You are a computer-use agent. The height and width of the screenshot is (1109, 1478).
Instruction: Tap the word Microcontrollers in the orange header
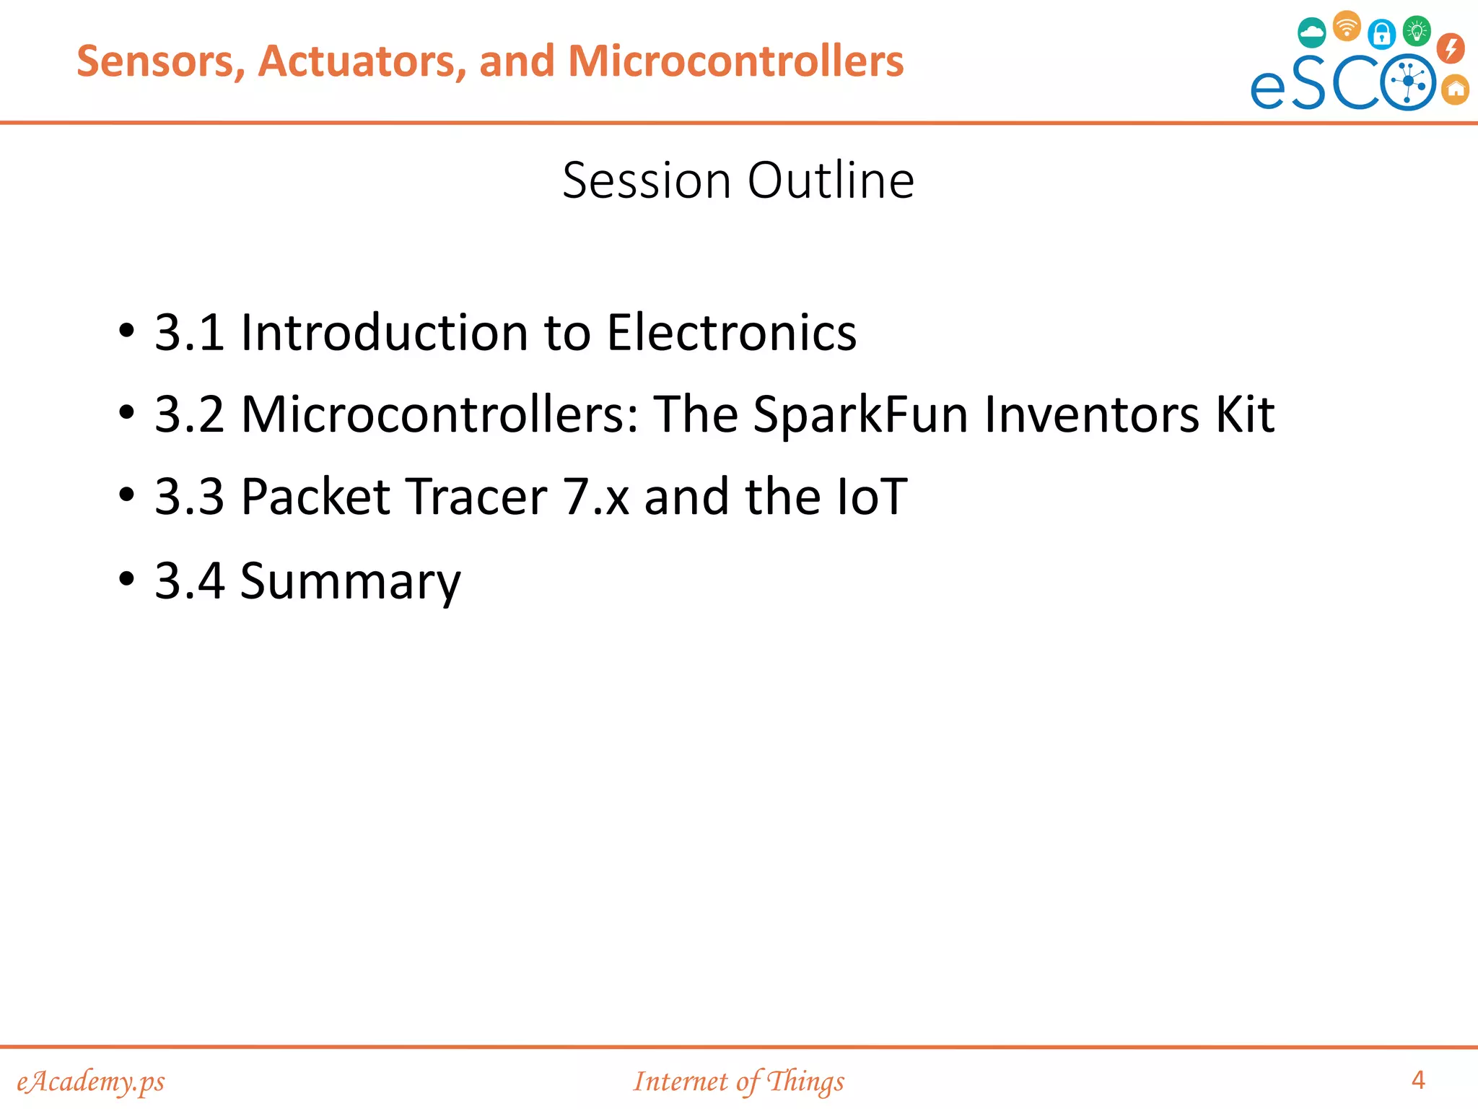735,61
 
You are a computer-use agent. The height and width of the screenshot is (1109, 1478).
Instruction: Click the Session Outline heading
738,180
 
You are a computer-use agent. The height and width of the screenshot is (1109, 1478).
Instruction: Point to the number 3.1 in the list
189,333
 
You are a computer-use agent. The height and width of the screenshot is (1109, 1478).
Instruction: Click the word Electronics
731,333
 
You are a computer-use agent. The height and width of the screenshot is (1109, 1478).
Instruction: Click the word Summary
350,581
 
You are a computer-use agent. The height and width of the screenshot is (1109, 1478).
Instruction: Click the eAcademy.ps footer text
91,1081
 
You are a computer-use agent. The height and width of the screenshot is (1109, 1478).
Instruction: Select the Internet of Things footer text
738,1081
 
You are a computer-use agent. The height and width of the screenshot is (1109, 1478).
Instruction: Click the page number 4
1417,1079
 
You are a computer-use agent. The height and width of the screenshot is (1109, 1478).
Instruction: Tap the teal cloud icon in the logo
1311,32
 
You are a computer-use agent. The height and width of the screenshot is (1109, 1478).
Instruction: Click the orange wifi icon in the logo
1347,26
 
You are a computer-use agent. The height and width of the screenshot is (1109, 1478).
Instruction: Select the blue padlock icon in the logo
1381,33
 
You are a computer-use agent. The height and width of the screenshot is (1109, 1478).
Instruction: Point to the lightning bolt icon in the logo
1451,48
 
